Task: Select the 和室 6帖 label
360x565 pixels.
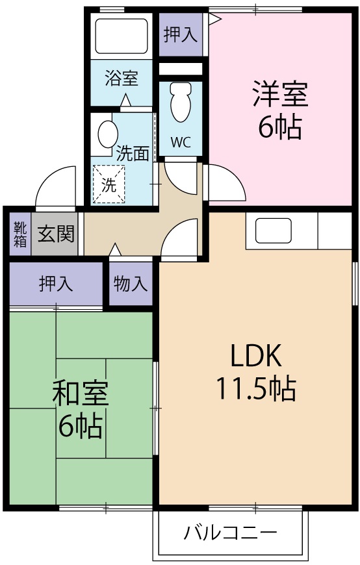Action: tap(81, 408)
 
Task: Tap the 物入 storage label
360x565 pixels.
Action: tap(131, 284)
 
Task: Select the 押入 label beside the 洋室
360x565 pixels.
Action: tap(180, 34)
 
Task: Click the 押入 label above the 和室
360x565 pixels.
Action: tap(56, 284)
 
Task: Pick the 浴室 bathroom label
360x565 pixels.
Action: tap(122, 79)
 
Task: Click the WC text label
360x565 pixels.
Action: tap(180, 142)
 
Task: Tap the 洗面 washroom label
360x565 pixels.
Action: tap(133, 153)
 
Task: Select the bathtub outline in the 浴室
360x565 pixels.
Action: tap(122, 36)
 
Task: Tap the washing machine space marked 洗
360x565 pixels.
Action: tap(108, 184)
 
